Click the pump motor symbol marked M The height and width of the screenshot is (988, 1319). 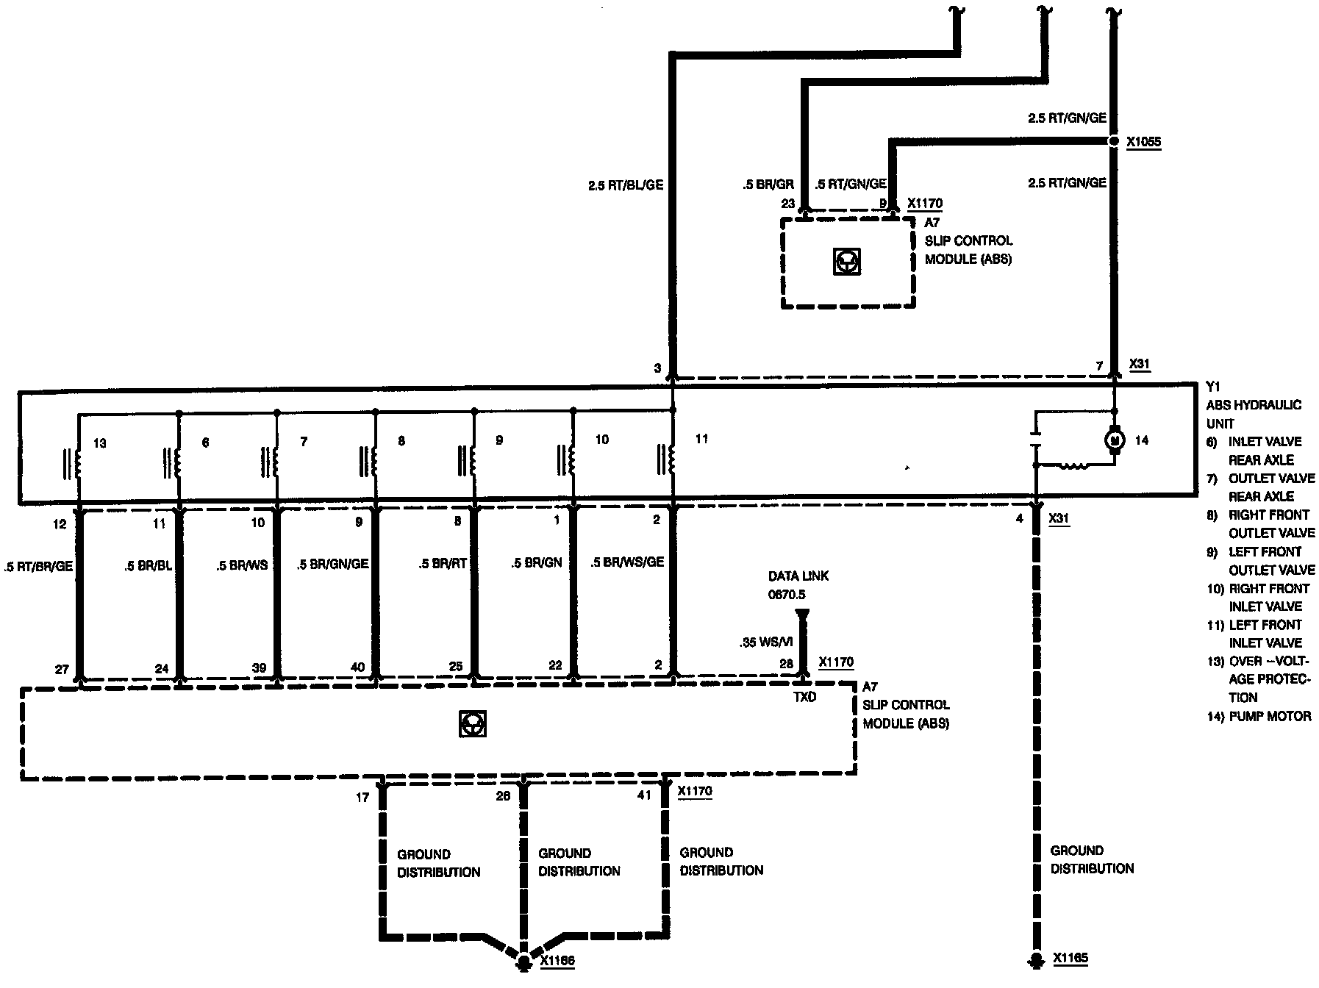(x=1115, y=440)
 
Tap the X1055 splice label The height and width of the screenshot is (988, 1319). (x=1143, y=142)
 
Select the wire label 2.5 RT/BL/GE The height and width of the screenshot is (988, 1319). (x=625, y=185)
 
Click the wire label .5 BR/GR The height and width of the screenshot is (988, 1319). (x=768, y=185)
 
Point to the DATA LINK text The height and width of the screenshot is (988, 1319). (x=798, y=576)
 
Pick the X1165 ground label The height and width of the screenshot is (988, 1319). (x=1070, y=958)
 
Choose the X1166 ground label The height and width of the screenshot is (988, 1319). (x=557, y=961)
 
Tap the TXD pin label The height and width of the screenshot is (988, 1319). (x=804, y=697)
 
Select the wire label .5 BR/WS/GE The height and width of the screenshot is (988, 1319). (x=627, y=562)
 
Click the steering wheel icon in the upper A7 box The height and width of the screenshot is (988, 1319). (x=847, y=262)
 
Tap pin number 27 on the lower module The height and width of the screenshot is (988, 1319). (x=62, y=670)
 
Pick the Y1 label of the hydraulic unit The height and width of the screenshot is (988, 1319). (x=1213, y=387)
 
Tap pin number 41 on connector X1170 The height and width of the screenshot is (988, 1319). (x=644, y=795)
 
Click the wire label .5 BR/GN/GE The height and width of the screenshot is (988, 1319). (x=332, y=564)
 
